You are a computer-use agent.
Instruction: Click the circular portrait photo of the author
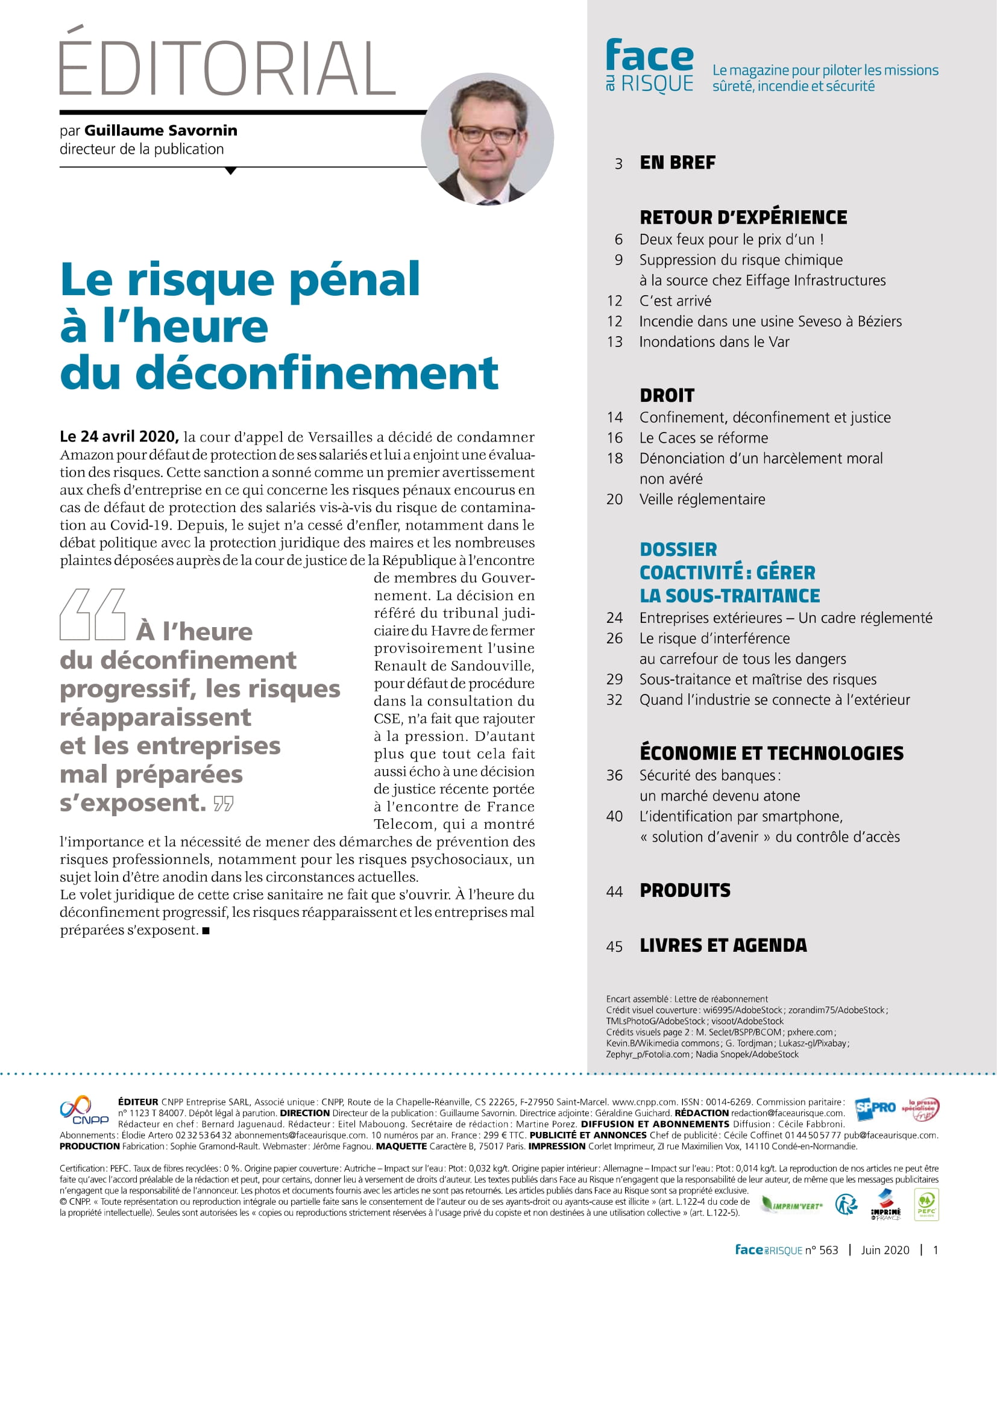click(x=487, y=139)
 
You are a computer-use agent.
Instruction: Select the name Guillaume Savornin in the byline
click(x=161, y=131)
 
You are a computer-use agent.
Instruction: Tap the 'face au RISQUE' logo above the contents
click(x=649, y=66)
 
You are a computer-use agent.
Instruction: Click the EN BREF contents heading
click(x=677, y=163)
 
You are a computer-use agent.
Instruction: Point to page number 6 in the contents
click(x=618, y=239)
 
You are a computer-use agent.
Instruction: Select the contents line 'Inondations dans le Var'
click(x=714, y=342)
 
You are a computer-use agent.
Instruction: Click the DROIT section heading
click(x=667, y=395)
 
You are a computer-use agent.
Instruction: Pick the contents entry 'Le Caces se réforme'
click(x=703, y=437)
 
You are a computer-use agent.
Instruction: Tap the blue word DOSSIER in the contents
click(x=678, y=549)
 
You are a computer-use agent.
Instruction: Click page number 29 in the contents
click(x=614, y=680)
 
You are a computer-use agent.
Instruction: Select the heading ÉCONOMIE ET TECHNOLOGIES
click(x=771, y=753)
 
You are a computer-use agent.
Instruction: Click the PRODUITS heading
click(x=685, y=890)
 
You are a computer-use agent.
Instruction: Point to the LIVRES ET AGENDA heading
click(x=723, y=946)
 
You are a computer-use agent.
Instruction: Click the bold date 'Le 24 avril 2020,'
click(x=119, y=436)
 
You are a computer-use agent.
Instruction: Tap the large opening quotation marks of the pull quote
click(x=93, y=614)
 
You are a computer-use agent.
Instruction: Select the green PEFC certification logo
click(x=926, y=1205)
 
